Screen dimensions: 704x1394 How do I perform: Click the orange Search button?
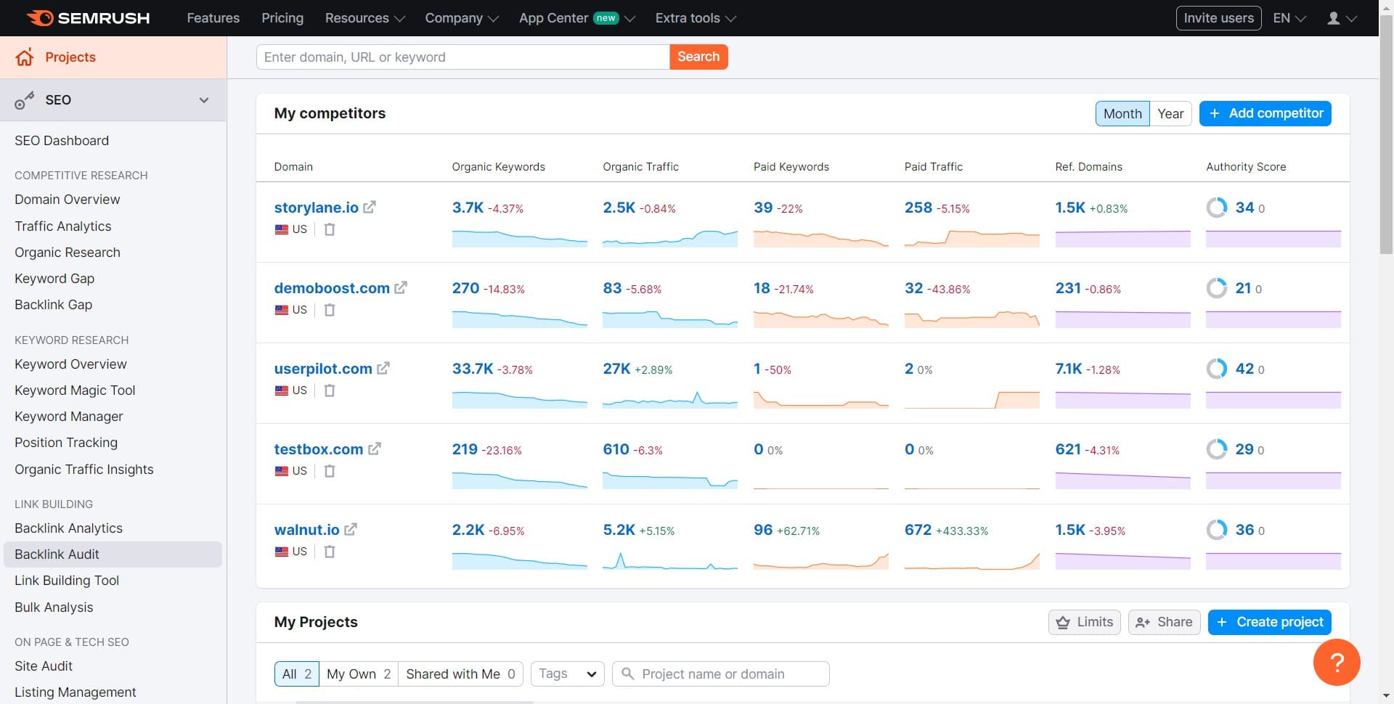[698, 57]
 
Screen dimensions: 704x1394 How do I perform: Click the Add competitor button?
[1265, 113]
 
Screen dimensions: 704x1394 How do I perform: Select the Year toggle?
[1170, 113]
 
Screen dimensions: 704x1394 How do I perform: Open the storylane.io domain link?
[316, 208]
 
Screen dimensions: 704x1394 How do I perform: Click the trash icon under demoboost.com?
[330, 310]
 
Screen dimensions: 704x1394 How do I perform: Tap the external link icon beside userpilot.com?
[383, 368]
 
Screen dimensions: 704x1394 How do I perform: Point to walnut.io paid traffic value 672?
[918, 530]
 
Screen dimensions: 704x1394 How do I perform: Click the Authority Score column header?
[1245, 167]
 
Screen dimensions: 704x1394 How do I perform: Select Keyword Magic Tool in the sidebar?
[75, 390]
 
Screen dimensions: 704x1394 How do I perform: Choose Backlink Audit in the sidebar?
[57, 554]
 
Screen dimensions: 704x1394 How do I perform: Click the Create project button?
[1269, 622]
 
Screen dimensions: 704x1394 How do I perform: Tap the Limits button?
[1085, 622]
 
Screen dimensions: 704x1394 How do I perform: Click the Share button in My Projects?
[1164, 622]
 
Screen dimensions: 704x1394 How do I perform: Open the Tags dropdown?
[567, 674]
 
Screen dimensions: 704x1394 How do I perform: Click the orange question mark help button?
[1336, 662]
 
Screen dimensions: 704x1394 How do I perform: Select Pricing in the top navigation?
[282, 18]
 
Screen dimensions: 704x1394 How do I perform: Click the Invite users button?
[1218, 18]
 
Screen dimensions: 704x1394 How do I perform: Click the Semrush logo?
[89, 18]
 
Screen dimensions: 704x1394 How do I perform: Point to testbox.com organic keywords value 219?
[465, 449]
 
